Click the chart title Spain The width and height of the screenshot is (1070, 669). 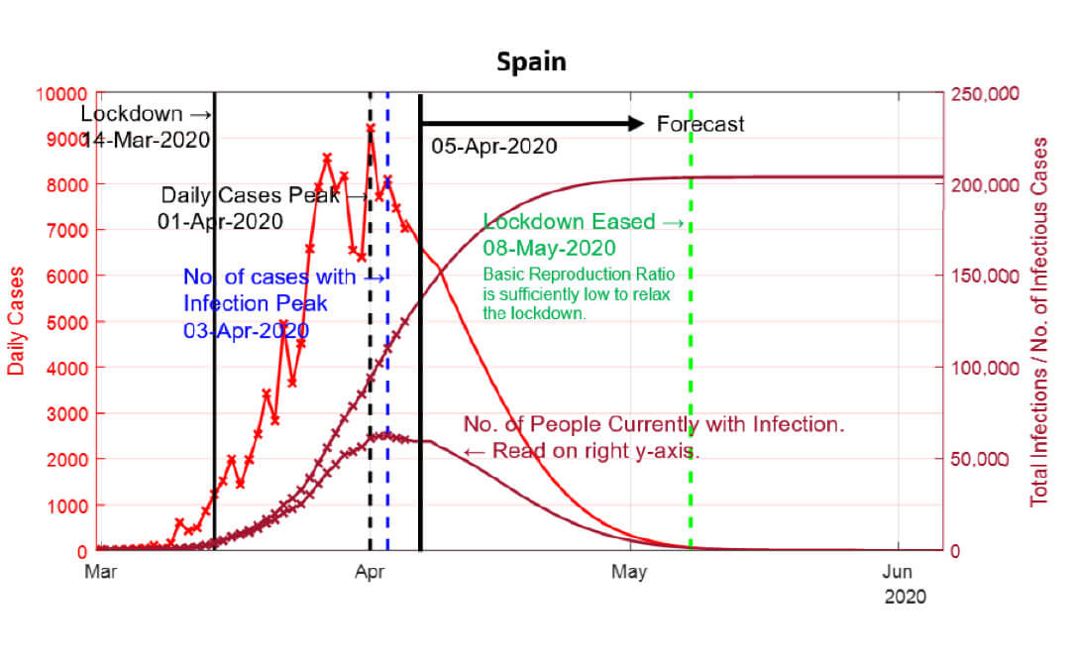point(531,61)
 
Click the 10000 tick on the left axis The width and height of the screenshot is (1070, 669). point(62,94)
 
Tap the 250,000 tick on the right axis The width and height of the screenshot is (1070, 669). point(984,94)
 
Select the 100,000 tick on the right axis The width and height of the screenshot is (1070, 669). point(984,368)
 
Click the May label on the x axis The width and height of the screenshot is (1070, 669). point(630,571)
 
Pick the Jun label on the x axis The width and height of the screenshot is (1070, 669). point(898,571)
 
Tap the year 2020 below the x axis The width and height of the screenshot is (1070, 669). point(905,597)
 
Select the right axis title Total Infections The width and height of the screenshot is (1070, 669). point(1038,322)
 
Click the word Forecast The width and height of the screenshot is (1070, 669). point(700,124)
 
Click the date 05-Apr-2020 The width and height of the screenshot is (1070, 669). point(494,147)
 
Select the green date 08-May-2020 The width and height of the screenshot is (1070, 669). point(550,247)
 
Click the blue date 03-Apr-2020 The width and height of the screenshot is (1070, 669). point(245,329)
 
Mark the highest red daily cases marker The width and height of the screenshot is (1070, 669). point(371,128)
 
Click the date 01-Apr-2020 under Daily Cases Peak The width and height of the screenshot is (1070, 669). point(220,220)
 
